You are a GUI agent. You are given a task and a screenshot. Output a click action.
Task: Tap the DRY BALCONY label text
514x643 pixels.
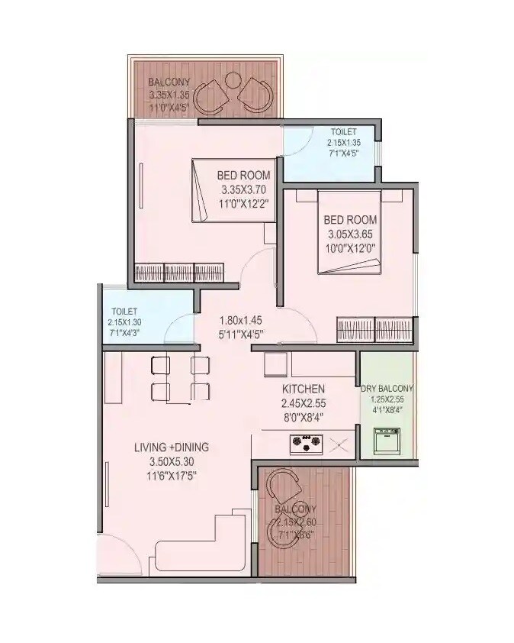tap(388, 387)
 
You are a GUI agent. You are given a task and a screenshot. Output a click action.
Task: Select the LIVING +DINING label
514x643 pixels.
tap(172, 447)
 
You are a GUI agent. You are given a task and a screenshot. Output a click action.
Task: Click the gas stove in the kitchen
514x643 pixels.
tap(305, 442)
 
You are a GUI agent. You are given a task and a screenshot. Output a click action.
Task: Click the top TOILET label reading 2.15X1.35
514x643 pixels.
tap(343, 143)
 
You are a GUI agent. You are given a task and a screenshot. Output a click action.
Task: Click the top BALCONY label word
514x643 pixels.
tap(165, 82)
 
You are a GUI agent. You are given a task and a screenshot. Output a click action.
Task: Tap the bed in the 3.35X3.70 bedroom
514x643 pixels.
tap(232, 189)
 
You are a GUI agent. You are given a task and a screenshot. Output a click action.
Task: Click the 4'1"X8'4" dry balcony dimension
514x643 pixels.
tap(387, 409)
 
